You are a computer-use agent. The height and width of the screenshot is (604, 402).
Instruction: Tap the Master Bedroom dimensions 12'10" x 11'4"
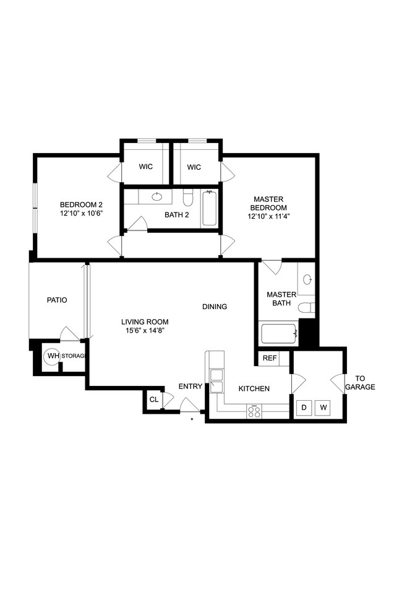pyautogui.click(x=268, y=217)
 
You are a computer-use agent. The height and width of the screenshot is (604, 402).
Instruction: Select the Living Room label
pyautogui.click(x=145, y=322)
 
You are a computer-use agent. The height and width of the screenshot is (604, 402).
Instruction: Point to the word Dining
pyautogui.click(x=215, y=307)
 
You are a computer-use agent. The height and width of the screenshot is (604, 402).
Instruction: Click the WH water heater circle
pyautogui.click(x=51, y=356)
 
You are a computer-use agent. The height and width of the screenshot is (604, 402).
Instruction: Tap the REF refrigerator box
pyautogui.click(x=270, y=358)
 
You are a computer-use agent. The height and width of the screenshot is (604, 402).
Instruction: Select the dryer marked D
pyautogui.click(x=304, y=408)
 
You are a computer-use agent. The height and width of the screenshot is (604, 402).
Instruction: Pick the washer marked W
pyautogui.click(x=323, y=408)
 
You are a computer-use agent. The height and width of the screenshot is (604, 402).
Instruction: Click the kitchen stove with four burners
pyautogui.click(x=254, y=411)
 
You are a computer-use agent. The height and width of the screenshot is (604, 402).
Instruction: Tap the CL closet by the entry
pyautogui.click(x=153, y=400)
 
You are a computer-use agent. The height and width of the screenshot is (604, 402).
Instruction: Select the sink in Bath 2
pyautogui.click(x=156, y=197)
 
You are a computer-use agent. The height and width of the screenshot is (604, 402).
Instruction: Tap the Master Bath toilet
pyautogui.click(x=306, y=307)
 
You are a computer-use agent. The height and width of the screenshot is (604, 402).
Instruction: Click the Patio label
pyautogui.click(x=57, y=300)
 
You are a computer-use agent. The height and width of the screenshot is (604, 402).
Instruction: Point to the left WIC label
pyautogui.click(x=145, y=167)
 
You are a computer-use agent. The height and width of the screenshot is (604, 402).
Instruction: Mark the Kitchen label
pyautogui.click(x=255, y=388)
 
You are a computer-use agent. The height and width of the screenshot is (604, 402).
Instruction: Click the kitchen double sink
pyautogui.click(x=216, y=381)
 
